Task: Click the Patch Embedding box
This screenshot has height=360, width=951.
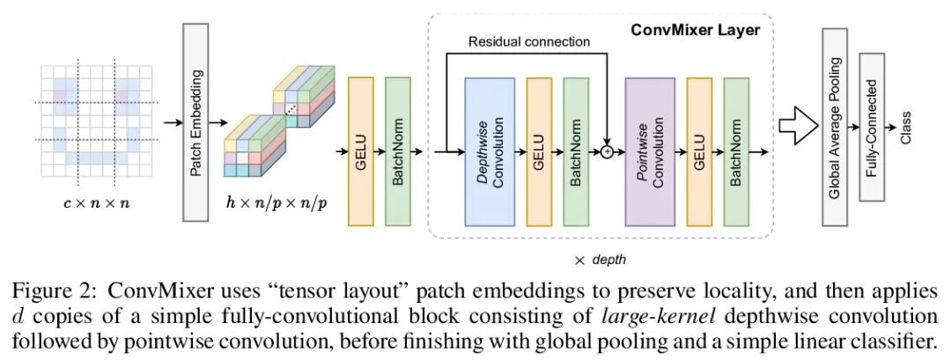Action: coord(195,122)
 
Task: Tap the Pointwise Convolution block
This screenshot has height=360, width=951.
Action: coord(648,151)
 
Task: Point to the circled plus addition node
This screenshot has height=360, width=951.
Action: coord(607,152)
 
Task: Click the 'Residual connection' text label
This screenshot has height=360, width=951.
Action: coord(528,41)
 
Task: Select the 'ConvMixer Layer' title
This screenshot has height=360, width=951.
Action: coord(695,30)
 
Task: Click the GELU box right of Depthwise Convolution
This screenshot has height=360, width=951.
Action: coord(538,151)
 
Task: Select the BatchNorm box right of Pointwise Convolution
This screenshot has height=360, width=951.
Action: coord(736,151)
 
